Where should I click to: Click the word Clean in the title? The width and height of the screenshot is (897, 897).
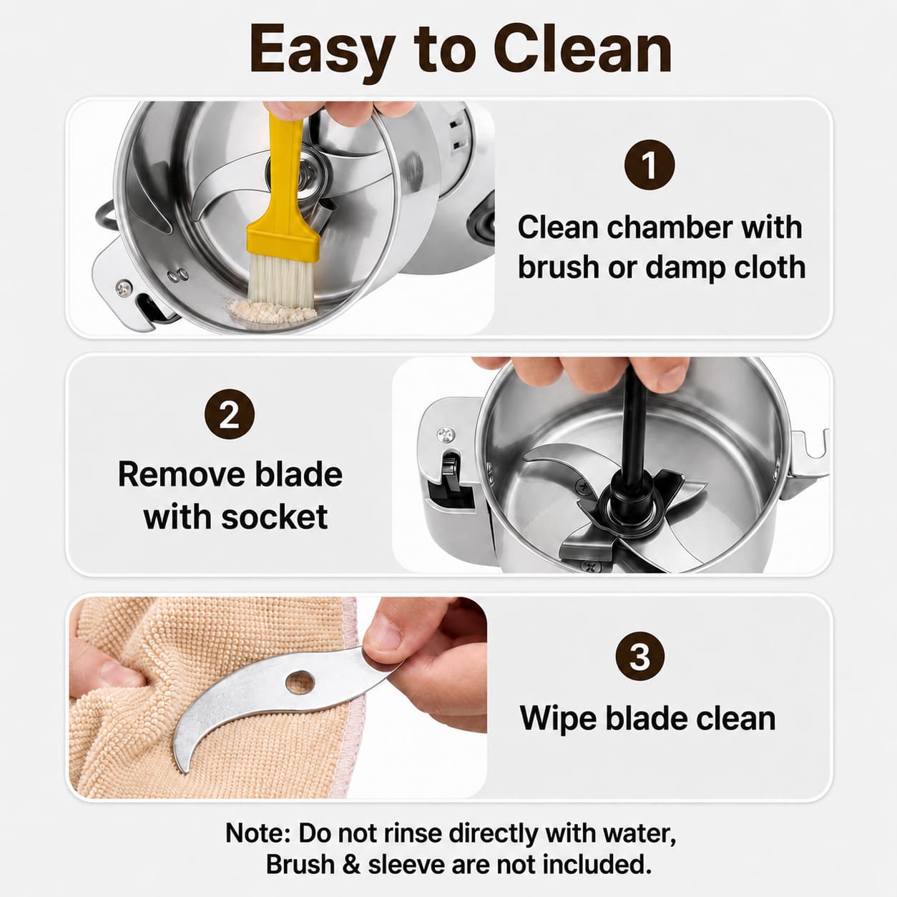coord(583,49)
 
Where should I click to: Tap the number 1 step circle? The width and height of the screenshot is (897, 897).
coord(650,165)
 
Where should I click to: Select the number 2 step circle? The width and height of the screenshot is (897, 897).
coord(230,414)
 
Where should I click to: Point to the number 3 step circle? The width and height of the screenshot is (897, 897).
coord(640,657)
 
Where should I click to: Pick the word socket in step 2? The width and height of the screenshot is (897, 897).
coord(275,516)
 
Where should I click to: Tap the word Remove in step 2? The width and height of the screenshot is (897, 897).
coord(180,474)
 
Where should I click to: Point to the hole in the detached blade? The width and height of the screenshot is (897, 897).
coord(300,682)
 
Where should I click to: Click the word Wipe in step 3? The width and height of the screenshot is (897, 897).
coord(558,718)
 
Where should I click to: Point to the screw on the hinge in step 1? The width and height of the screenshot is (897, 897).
coord(124,288)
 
